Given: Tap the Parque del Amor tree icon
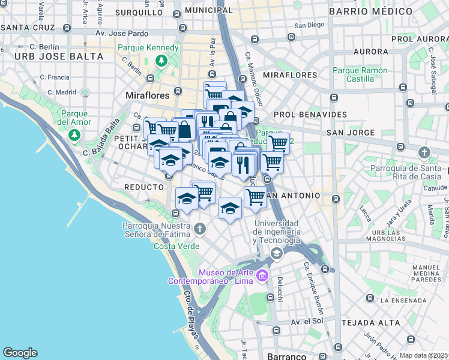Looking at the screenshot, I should pyautogui.click(x=74, y=134).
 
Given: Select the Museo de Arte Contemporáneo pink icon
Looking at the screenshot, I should pyautogui.click(x=262, y=276).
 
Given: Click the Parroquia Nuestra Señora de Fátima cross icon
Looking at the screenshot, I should pyautogui.click(x=200, y=230).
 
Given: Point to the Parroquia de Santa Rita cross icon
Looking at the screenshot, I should pyautogui.click(x=425, y=152).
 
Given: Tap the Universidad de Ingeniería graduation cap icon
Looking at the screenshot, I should pyautogui.click(x=276, y=253).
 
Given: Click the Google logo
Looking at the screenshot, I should pyautogui.click(x=20, y=353).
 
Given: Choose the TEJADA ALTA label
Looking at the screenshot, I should pyautogui.click(x=362, y=323).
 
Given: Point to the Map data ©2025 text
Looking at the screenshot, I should pyautogui.click(x=424, y=355).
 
